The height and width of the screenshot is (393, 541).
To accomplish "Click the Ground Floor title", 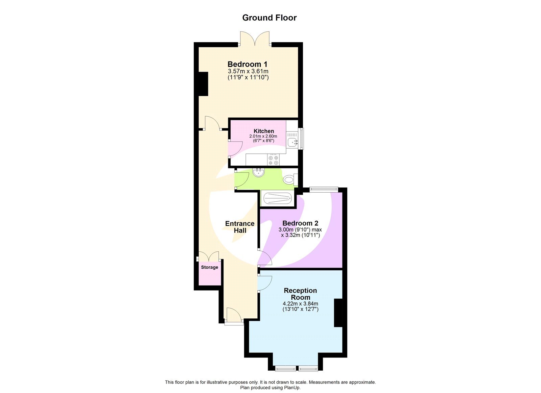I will coord(269,18).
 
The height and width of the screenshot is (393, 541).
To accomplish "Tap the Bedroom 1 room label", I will coord(248,64).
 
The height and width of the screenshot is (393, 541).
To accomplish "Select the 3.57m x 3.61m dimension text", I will coord(248,71).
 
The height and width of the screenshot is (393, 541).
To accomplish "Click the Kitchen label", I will coord(264,131).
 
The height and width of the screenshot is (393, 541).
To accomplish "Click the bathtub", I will coord(277,198).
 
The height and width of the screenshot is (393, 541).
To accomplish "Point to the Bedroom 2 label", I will coord(300,223).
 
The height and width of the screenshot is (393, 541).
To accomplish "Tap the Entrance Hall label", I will coord(240,227).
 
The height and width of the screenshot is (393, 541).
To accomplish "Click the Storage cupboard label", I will coord(210,267).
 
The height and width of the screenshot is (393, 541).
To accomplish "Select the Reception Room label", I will coord(300,294).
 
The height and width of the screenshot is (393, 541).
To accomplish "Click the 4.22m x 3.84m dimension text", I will coord(300,304).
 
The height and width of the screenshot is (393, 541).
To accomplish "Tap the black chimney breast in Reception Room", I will coord(338,313).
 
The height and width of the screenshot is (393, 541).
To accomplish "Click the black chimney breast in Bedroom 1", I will coord(203,84).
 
